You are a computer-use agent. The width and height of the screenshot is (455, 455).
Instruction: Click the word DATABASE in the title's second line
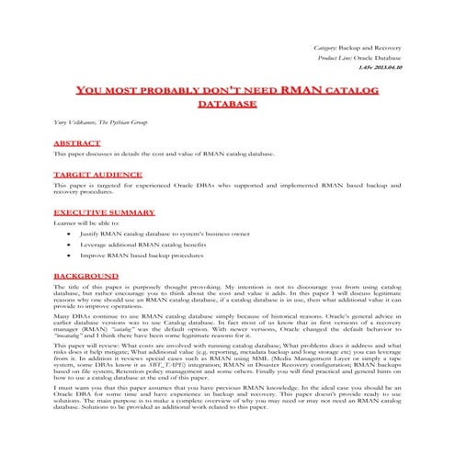tap(229, 105)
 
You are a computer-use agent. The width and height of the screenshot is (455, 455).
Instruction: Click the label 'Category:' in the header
tap(325, 46)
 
